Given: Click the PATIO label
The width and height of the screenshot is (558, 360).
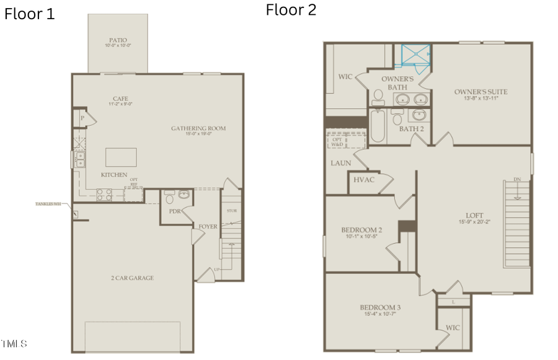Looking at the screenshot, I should click(x=117, y=40).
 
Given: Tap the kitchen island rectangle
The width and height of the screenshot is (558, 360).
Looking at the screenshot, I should click(x=121, y=157).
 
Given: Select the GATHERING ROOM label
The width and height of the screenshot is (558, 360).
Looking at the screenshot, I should click(x=198, y=128).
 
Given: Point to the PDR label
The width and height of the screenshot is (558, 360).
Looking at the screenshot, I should click(x=175, y=211).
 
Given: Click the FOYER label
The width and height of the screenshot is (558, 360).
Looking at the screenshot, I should click(x=208, y=226).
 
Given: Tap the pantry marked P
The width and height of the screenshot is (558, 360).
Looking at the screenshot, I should click(x=82, y=118).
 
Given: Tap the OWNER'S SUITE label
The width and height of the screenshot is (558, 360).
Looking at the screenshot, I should click(x=480, y=92).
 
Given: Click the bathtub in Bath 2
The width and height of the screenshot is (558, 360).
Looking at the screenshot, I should click(x=377, y=127).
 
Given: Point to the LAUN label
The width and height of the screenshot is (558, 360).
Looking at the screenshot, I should click(x=340, y=163).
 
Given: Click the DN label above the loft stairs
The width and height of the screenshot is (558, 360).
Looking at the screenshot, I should click(x=517, y=180).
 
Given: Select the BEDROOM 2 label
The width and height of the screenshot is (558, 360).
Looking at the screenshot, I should click(x=361, y=230).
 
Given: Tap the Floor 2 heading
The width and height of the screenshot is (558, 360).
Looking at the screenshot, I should click(x=291, y=10).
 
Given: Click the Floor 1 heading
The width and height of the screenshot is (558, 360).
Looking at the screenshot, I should click(x=29, y=14).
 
